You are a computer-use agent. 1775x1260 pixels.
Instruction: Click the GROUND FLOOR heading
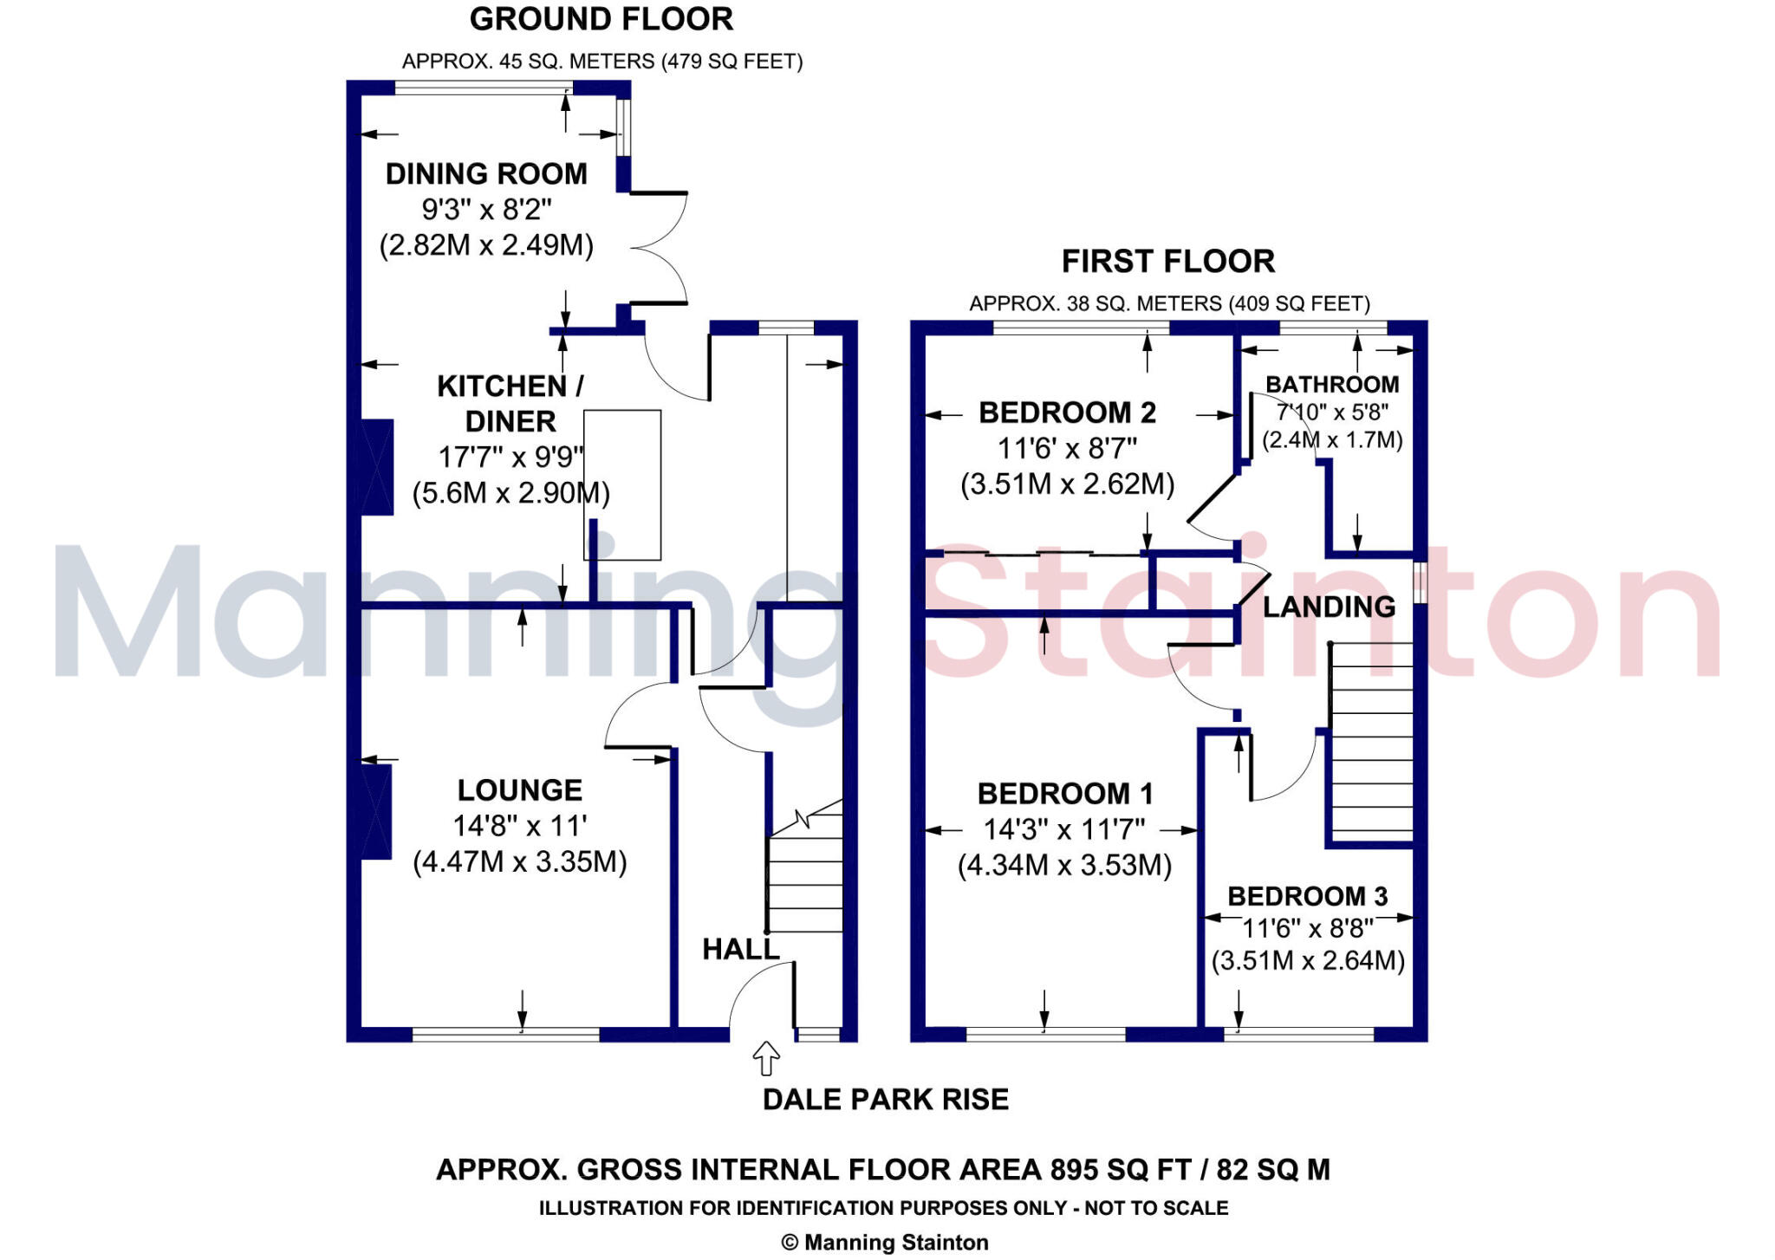pos(601,19)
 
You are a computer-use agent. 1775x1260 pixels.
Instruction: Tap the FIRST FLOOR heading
pos(1167,261)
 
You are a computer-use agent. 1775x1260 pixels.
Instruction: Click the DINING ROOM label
pos(486,173)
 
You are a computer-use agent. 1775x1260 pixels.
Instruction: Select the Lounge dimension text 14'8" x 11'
pos(519,826)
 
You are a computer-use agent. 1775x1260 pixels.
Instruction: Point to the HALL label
pos(740,949)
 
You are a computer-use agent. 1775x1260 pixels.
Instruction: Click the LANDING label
pos(1329,607)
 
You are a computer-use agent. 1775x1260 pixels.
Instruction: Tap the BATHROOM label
pos(1332,384)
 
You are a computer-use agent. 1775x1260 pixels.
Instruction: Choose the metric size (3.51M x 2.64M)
pos(1308,961)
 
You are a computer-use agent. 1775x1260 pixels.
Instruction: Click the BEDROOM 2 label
pos(1067,412)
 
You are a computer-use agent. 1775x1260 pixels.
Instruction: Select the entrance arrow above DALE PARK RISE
pos(766,1058)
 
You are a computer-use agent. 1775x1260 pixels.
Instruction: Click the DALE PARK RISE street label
pos(885,1099)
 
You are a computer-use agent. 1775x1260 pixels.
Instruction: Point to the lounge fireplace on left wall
pos(376,811)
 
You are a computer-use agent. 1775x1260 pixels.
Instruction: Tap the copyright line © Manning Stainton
pos(884,1242)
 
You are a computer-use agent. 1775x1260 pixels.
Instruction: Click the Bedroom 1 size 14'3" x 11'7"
pos(1063,829)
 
